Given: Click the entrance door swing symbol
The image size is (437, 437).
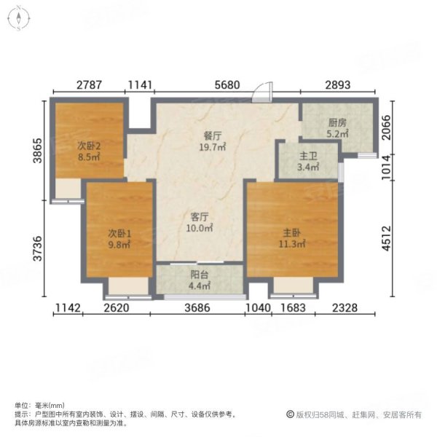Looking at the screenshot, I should point(267,92).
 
